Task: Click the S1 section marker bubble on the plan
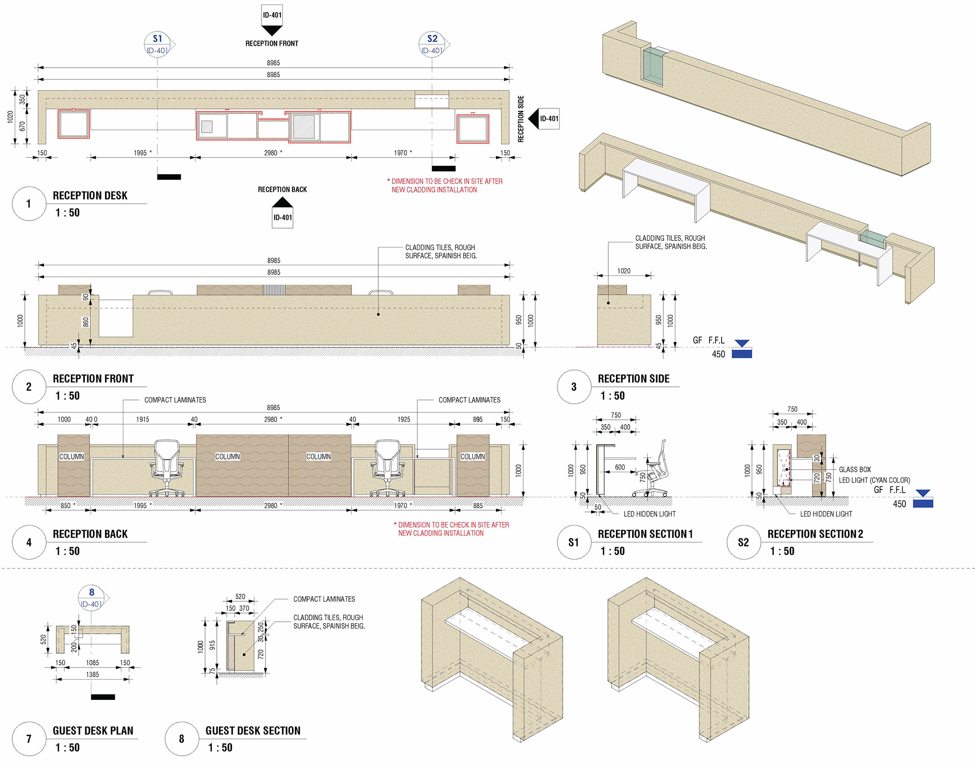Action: [x=157, y=44]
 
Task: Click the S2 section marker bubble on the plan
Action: [x=432, y=44]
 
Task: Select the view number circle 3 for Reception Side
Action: [x=574, y=387]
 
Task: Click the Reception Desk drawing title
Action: [x=90, y=196]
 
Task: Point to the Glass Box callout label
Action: [x=855, y=470]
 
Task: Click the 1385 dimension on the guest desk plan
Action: [x=92, y=674]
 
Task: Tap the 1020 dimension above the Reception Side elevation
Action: [x=624, y=271]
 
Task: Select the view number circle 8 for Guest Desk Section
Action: [x=182, y=739]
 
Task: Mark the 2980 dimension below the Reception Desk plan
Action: [x=271, y=153]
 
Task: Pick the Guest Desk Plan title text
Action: [x=93, y=731]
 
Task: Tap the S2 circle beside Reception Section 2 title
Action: [x=743, y=542]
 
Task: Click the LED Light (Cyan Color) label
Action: [x=874, y=480]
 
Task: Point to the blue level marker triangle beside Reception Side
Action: [x=742, y=344]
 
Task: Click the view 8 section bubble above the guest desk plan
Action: [x=92, y=597]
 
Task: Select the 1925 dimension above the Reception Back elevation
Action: [x=404, y=419]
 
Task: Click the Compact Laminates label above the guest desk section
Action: [x=324, y=599]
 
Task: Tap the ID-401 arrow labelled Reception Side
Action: [x=544, y=118]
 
